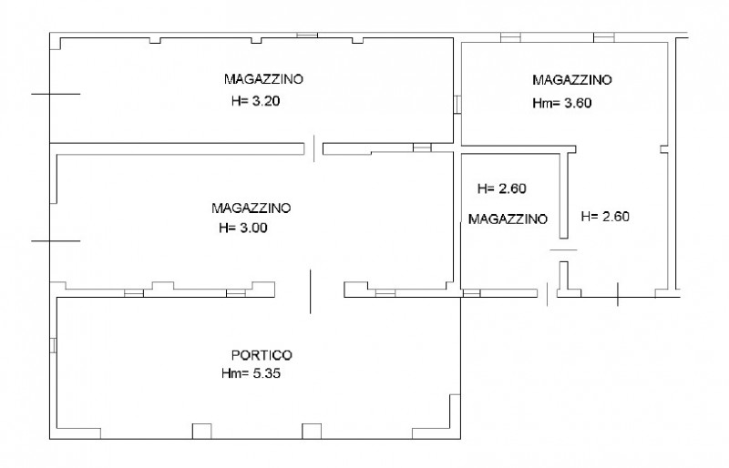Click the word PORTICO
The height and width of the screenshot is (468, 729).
coord(262,355)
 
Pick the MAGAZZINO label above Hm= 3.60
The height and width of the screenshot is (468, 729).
coord(573,79)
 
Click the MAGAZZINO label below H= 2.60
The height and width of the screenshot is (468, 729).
coord(508,219)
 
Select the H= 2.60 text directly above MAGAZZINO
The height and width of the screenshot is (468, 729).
coord(502,189)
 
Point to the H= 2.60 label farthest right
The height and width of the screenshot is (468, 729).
coord(606,217)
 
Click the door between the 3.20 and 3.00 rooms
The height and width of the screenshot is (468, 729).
coord(314,147)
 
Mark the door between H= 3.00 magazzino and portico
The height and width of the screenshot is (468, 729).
coord(310,290)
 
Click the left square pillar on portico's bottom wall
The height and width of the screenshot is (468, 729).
coord(201,431)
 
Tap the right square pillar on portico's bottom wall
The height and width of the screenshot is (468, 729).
coord(313,431)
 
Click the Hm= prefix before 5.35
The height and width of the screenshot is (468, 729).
coord(231,373)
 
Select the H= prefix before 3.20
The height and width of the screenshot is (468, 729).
coord(240,102)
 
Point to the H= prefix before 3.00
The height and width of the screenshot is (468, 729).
coord(227,229)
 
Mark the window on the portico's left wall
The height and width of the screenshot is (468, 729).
coord(54,346)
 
